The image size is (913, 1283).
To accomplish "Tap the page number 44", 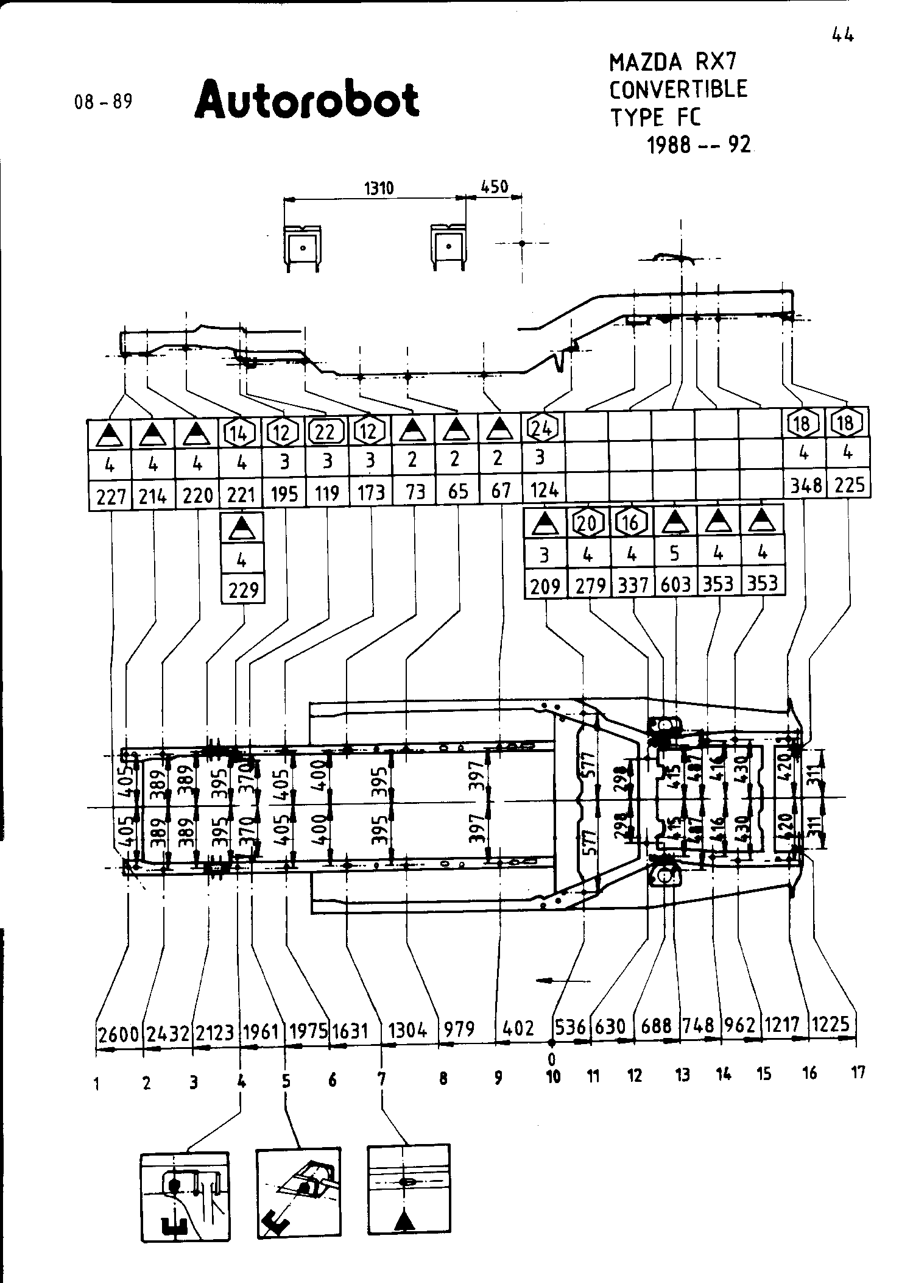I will point(842,36).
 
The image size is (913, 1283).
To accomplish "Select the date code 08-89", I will point(103,101).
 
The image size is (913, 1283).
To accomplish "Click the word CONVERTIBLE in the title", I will point(679,90).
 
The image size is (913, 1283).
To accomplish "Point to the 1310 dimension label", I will point(379,188).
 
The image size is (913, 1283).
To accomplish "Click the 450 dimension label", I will point(494,187).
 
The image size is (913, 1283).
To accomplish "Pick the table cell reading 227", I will point(110,497).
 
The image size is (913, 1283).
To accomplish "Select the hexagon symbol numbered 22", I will point(326,432).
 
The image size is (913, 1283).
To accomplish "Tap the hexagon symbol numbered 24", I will point(543,429).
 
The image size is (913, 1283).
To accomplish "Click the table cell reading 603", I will point(675,585).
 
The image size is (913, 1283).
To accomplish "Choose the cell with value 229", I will point(243,590).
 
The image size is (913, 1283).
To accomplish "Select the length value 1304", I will point(408,1031).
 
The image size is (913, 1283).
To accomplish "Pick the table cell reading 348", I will point(805,486).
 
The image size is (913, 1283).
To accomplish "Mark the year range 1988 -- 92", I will point(699,145).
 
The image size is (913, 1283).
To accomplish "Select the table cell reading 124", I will point(544,491).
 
